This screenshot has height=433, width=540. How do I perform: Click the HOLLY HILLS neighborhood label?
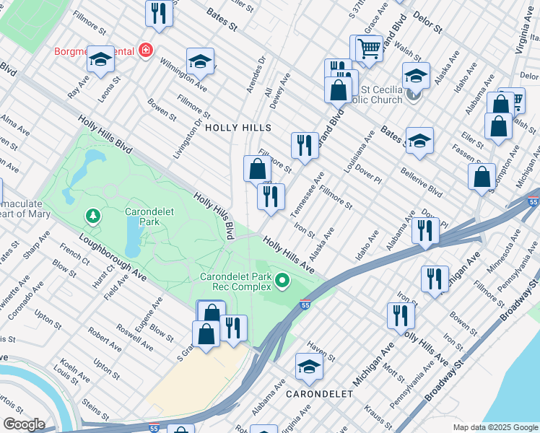click(x=238, y=128)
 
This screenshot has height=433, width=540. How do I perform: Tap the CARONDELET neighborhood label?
click(x=319, y=394)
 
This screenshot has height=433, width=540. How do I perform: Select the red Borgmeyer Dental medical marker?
click(x=146, y=51)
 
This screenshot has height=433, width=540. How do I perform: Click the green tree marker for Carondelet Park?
click(x=92, y=215)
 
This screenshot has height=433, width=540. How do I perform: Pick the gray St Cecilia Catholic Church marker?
click(x=412, y=93)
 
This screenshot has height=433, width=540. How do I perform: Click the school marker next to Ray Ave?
click(x=101, y=61)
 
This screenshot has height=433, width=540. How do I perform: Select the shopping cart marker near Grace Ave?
click(x=369, y=49)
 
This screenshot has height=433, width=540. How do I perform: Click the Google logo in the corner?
click(x=24, y=424)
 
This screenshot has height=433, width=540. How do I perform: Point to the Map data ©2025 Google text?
click(x=495, y=427)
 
